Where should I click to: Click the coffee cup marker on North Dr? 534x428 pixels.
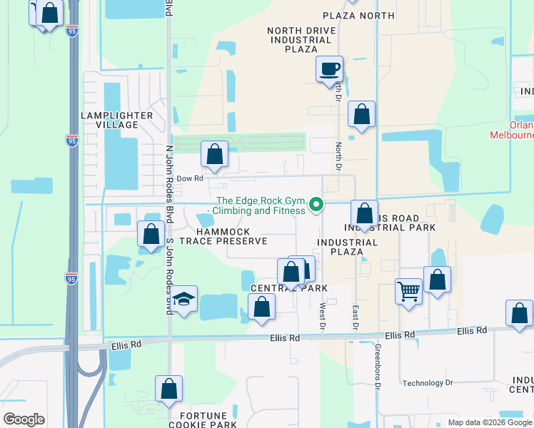coord(329,69)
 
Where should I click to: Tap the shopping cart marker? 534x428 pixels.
coord(408,291)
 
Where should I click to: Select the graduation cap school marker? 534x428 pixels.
coord(184,300)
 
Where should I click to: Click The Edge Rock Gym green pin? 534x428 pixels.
coord(316,207)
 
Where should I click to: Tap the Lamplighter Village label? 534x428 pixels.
coord(117,120)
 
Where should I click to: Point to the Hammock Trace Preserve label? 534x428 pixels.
coord(223,237)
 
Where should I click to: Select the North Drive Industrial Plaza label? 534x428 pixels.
coord(300,40)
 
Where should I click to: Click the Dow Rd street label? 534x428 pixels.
coord(190,178)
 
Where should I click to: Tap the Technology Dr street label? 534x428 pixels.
coord(428,383)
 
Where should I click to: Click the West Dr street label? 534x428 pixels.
coord(323,315)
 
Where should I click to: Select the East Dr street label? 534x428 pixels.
coord(355,318)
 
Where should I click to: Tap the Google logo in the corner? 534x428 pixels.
coord(24,419)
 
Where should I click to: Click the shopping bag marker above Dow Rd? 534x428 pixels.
coord(214,153)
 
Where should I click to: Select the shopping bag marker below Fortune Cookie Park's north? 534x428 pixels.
coord(169,389)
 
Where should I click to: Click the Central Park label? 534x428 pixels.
coord(289,287)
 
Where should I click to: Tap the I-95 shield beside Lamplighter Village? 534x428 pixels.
coord(71,140)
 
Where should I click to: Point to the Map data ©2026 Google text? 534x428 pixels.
coord(489,422)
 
